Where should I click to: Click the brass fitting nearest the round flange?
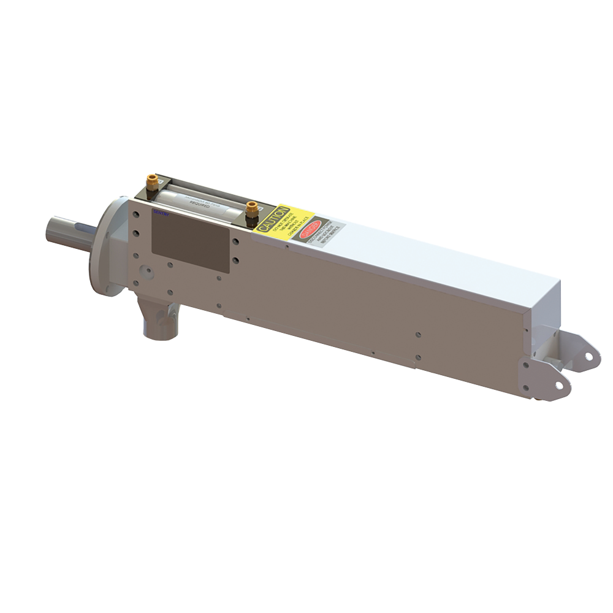point(151,182)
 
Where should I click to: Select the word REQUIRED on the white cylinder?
point(200,208)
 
